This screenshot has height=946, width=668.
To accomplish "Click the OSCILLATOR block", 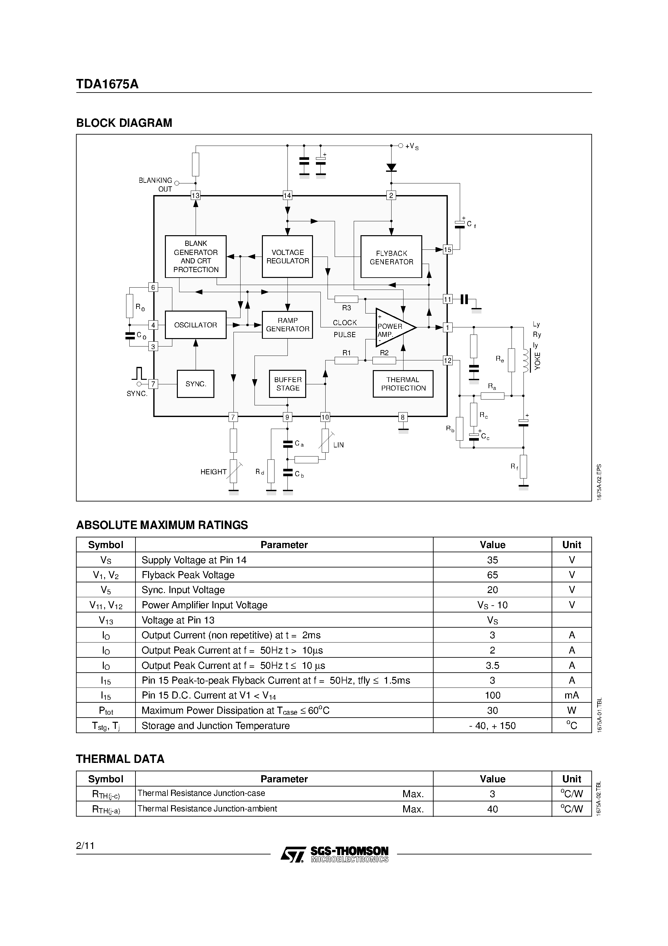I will pos(196,325).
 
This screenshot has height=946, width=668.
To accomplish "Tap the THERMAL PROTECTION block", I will pos(403,384).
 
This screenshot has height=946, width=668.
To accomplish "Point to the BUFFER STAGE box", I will pos(287,384).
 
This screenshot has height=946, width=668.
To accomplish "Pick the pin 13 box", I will pos(196,195).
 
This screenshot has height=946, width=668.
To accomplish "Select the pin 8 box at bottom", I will pos(403,417).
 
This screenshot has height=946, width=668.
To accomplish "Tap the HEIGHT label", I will pos(213,472).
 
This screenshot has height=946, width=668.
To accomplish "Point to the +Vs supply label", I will pos(411,146).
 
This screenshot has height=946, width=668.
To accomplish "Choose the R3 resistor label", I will pos(346,308).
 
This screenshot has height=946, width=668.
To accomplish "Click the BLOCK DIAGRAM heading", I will pos(124,123).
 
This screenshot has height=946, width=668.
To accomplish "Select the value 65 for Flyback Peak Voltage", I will pos(492,575).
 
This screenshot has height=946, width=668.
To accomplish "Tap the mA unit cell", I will pos(571,696).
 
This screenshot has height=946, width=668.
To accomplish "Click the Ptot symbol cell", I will pos(106,711).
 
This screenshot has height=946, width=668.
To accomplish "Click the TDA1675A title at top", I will pos(107,84).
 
